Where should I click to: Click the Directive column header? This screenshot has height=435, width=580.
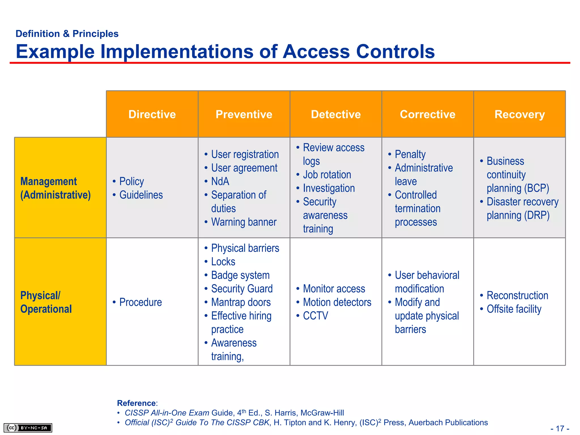pyautogui.click(x=152, y=114)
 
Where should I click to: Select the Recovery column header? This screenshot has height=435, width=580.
pyautogui.click(x=519, y=114)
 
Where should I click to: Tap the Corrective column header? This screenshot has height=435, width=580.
pyautogui.click(x=427, y=114)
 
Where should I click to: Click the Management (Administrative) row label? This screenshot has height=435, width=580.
pyautogui.click(x=56, y=188)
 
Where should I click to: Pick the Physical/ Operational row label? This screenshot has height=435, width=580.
pyautogui.click(x=46, y=302)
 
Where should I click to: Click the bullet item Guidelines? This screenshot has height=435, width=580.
pyautogui.click(x=141, y=195)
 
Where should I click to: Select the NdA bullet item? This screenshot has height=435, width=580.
pyautogui.click(x=220, y=181)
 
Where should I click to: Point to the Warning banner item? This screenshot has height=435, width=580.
pyautogui.click(x=244, y=222)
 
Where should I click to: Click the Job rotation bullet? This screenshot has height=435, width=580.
pyautogui.click(x=327, y=175)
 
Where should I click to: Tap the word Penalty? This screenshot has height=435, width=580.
pyautogui.click(x=410, y=154)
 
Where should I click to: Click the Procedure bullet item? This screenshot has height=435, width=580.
pyautogui.click(x=140, y=302)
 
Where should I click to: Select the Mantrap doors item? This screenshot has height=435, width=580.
pyautogui.click(x=241, y=302)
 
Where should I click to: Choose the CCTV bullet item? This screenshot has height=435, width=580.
pyautogui.click(x=315, y=316)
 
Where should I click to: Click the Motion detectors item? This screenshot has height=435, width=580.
pyautogui.click(x=337, y=302)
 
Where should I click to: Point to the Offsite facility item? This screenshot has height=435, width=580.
pyautogui.click(x=514, y=309)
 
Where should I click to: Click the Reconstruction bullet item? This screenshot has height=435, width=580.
pyautogui.click(x=517, y=295)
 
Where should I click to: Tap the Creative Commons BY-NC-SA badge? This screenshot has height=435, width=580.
pyautogui.click(x=28, y=428)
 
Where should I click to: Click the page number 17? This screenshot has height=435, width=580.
pyautogui.click(x=560, y=428)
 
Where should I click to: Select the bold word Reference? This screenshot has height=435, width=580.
pyautogui.click(x=136, y=403)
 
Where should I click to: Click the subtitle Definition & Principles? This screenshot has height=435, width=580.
pyautogui.click(x=67, y=34)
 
